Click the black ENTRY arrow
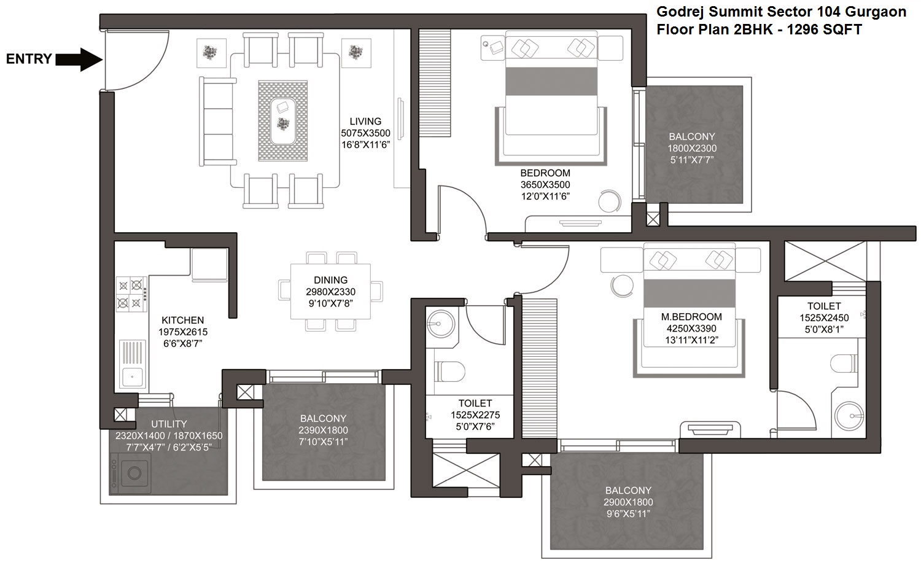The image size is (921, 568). (79, 60)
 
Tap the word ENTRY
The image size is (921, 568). (29, 59)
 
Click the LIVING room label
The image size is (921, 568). (365, 122)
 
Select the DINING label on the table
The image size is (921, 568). (330, 280)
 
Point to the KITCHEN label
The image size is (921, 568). (182, 320)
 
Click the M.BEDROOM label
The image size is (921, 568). (691, 317)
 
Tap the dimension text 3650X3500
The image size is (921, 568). (545, 185)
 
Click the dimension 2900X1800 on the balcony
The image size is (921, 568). (628, 502)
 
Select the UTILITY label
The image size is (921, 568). (169, 424)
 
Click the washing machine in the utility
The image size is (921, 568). (130, 473)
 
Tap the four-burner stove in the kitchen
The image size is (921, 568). (131, 295)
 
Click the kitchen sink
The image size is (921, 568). (133, 364)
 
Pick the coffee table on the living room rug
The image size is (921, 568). (283, 121)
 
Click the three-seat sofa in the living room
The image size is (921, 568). (217, 122)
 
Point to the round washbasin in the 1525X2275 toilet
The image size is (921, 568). (441, 324)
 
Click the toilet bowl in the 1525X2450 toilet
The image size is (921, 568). (844, 364)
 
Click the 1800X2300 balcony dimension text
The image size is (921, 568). (692, 148)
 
